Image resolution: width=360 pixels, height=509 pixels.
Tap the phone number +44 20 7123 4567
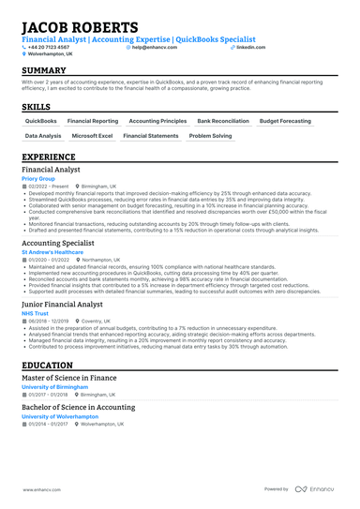[x=50, y=47]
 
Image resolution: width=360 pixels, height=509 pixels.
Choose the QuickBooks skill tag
[x=40, y=121]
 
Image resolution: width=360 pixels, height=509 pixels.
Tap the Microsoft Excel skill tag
[x=92, y=136]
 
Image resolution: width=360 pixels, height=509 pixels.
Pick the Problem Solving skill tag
[x=210, y=136]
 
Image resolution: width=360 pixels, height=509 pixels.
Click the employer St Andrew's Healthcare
[x=52, y=252]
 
